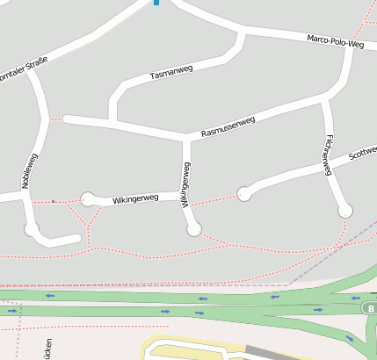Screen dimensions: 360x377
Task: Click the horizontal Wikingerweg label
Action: [135, 199]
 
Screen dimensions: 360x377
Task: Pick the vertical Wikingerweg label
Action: [185, 184]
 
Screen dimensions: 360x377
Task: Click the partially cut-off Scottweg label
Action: [362, 154]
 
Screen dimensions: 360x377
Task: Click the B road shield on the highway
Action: [370, 308]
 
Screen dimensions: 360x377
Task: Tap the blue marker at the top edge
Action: [156, 3]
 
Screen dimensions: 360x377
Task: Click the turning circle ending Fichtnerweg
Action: [345, 211]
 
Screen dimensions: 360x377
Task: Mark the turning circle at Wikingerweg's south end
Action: [194, 229]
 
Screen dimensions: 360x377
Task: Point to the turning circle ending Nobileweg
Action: [33, 230]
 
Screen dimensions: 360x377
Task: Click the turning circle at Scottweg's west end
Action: [243, 194]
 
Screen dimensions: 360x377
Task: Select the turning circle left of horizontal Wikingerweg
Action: [87, 199]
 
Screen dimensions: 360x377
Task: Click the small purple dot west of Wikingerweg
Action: [53, 202]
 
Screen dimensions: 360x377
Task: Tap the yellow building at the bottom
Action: [193, 349]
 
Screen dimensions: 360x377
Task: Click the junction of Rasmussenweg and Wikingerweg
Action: [185, 138]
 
